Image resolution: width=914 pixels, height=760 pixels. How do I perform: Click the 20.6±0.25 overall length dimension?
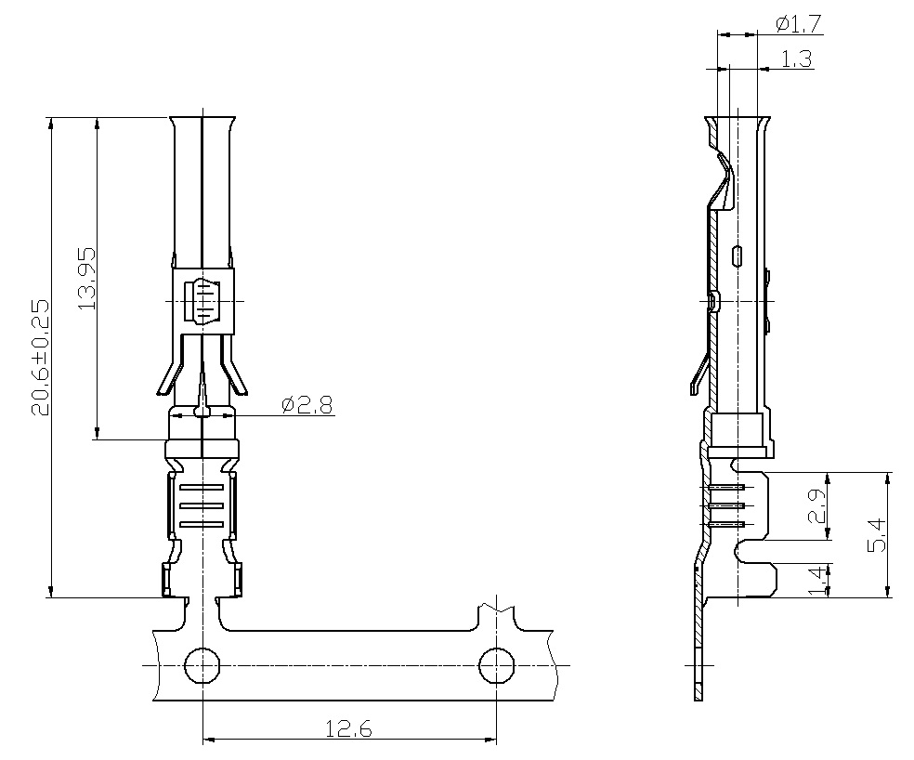point(40,358)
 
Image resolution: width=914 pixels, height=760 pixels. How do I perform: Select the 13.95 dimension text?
point(85,279)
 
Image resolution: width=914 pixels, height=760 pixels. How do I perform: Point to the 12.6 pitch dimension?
point(348,728)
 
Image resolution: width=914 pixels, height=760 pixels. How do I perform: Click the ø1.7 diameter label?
point(798,24)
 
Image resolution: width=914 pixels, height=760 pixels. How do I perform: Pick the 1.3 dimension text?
point(796,59)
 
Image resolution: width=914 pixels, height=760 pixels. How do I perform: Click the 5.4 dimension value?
point(876,535)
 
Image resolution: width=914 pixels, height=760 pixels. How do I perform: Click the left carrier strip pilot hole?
point(202,665)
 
